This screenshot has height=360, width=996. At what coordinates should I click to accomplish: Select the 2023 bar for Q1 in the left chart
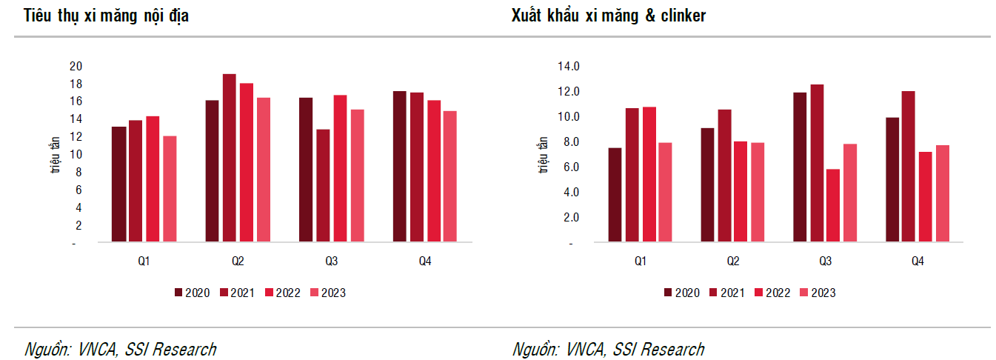[170, 189]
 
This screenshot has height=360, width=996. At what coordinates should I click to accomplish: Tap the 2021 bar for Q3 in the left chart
[323, 186]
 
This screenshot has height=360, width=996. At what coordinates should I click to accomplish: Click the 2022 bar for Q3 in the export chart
[833, 205]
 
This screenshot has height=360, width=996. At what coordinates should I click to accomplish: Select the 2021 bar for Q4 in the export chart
[909, 167]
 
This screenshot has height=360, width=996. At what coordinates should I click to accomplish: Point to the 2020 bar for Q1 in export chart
[615, 195]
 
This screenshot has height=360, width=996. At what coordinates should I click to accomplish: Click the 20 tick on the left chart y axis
[75, 66]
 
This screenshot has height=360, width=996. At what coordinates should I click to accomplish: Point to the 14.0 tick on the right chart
[569, 67]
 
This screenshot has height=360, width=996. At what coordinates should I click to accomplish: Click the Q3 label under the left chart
[331, 261]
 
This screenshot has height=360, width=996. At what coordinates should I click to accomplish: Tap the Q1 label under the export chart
[640, 261]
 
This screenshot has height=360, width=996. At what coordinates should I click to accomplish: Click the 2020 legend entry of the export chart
[681, 293]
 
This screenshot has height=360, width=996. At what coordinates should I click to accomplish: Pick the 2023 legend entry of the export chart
[818, 293]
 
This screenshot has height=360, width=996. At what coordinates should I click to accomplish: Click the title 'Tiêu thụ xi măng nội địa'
[106, 16]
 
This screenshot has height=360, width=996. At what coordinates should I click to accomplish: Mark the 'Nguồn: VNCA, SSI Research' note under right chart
[608, 349]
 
